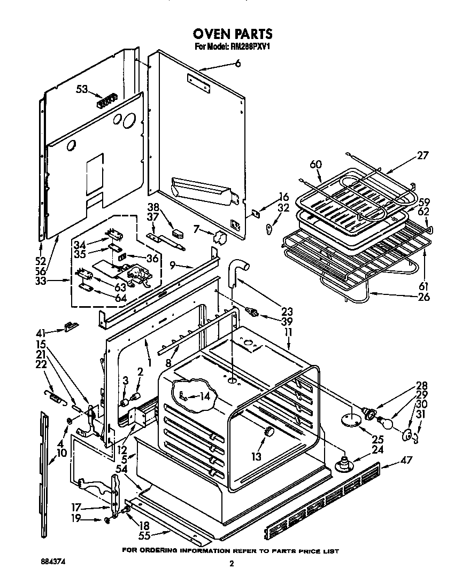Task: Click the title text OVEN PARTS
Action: click(x=233, y=34)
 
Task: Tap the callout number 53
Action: click(x=82, y=89)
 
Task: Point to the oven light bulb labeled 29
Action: click(x=389, y=422)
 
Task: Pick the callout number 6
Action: click(x=238, y=63)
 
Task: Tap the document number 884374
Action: click(x=55, y=563)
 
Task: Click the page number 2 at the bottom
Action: click(x=232, y=563)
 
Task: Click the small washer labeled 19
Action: click(x=109, y=520)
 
